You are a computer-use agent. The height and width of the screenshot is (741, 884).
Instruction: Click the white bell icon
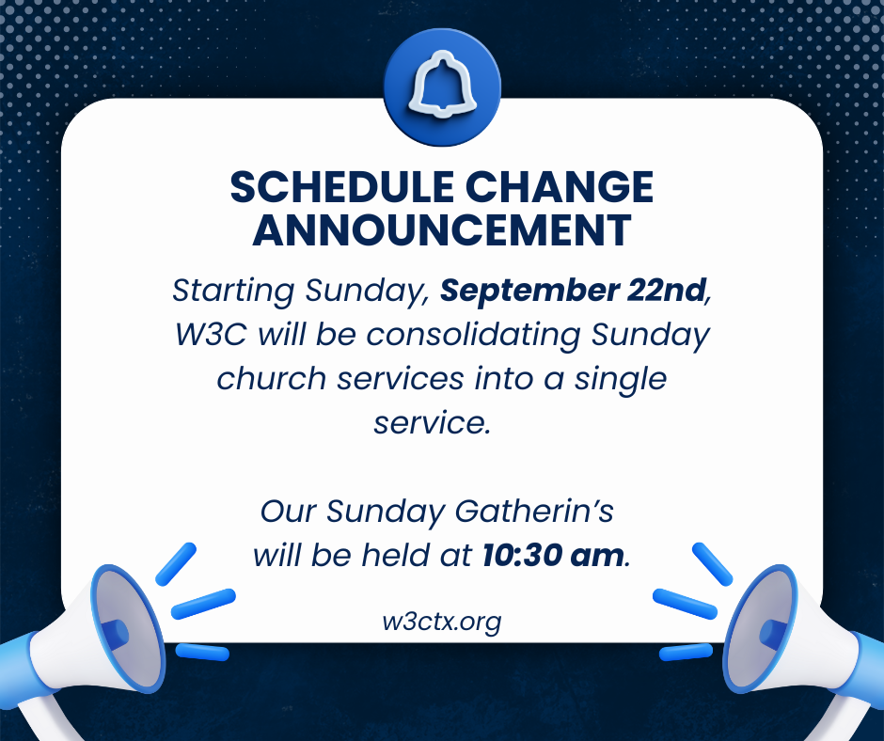pos(443,85)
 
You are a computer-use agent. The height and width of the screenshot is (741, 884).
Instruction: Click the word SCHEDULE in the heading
pos(341,187)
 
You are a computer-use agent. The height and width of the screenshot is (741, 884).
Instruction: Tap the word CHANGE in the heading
pos(560,187)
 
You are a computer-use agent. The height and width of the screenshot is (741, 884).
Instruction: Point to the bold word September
pos(529,292)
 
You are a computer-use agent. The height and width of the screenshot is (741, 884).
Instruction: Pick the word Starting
pos(233,292)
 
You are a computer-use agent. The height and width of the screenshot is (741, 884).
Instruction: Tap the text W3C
pos(211,334)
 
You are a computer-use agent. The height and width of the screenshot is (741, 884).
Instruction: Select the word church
pos(271,378)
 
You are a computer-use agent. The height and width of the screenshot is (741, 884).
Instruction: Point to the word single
pos(620,380)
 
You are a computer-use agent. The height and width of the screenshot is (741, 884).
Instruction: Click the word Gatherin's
pos(534,512)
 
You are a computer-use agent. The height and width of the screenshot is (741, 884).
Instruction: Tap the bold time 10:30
pos(522,556)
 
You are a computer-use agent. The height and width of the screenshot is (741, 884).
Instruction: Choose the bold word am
pos(597,557)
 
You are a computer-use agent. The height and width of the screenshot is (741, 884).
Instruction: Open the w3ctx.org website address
pos(441,622)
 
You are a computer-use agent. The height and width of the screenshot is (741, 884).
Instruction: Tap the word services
pos(401,379)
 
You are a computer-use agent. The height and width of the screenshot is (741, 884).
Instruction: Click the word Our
pos(288,512)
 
